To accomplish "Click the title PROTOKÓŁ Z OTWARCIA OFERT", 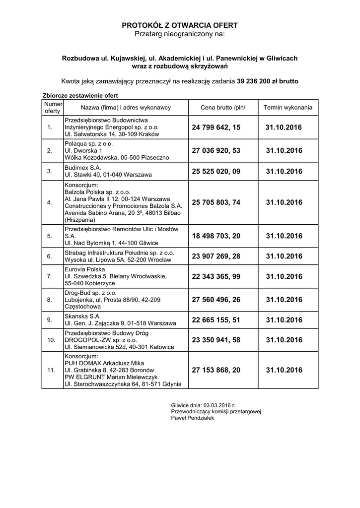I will (180, 25).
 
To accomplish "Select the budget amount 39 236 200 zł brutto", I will (268, 81).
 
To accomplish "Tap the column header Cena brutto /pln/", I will (223, 107).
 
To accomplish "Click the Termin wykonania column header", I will (288, 107).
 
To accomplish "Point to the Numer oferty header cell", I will (52, 108).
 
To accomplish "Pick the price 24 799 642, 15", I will (216, 127).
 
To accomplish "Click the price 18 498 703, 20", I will (216, 236).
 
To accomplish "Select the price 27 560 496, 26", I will (216, 300).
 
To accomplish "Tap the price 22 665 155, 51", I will (216, 320).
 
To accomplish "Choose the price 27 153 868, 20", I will (216, 370).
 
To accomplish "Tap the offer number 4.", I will (49, 202).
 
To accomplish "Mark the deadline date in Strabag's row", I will (284, 256).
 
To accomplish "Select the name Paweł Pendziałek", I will (192, 418).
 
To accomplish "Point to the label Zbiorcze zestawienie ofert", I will (79, 95).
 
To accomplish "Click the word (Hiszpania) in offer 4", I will (79, 219).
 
